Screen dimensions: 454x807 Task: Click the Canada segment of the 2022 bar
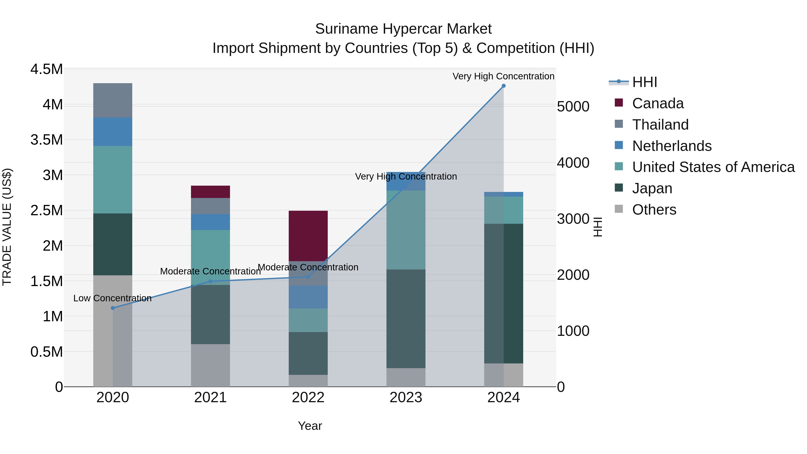[308, 236]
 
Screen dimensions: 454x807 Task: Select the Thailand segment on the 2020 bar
[113, 100]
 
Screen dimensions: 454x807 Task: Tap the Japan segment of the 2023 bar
[406, 318]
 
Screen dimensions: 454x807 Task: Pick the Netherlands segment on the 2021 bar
[210, 222]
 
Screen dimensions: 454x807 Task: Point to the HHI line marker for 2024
[503, 86]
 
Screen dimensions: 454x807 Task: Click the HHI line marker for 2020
[113, 308]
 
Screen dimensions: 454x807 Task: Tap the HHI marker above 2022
[308, 277]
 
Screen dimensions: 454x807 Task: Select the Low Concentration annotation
[113, 298]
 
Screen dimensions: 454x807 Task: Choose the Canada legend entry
[657, 103]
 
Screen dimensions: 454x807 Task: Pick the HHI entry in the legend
[644, 82]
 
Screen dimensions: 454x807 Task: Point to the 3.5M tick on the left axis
[47, 140]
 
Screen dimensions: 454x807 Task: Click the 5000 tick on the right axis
[573, 106]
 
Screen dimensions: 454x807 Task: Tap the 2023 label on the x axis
[406, 398]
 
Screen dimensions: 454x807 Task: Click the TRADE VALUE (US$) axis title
[7, 227]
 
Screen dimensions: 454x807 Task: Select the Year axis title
[310, 426]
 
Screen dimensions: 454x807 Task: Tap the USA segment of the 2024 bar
[503, 210]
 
